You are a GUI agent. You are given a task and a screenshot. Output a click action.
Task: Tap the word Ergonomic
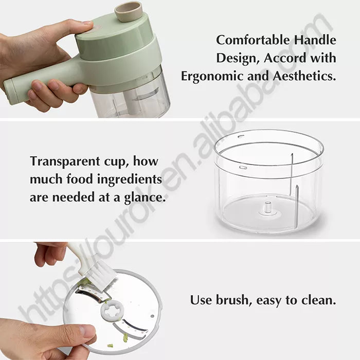(213, 76)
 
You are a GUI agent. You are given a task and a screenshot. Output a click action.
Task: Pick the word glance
(142, 197)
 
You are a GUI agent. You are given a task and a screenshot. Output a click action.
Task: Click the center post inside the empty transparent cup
(267, 207)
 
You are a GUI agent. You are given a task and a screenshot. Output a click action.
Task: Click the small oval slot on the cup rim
(243, 167)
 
